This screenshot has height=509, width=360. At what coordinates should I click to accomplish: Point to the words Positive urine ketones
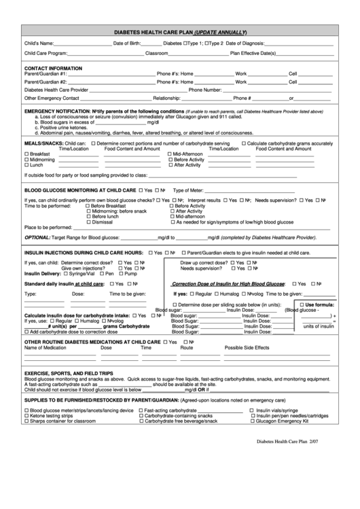pyautogui.click(x=64, y=127)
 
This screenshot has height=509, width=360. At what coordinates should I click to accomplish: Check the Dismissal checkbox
pyautogui.click(x=89, y=222)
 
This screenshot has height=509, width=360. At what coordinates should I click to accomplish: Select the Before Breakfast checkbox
pyautogui.click(x=89, y=206)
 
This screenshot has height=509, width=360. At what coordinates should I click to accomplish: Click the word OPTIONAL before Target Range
pyautogui.click(x=37, y=239)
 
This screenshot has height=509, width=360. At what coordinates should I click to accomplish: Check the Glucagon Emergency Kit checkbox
pyautogui.click(x=253, y=421)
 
